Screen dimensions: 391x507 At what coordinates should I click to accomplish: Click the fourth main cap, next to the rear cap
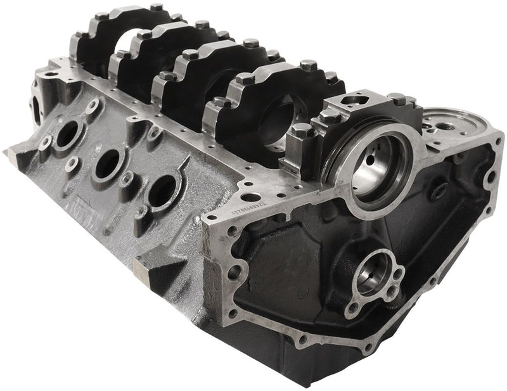253,105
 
